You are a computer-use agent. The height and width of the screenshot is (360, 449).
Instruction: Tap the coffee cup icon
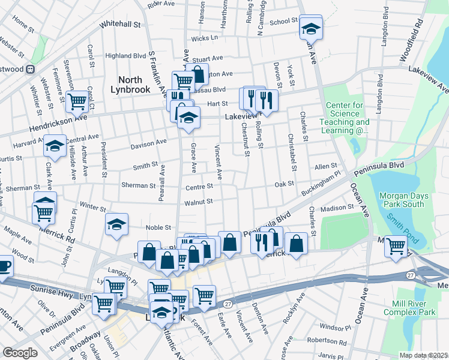3,265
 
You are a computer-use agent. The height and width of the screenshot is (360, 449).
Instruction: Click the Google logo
20,353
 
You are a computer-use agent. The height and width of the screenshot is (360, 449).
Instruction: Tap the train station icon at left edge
29,69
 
